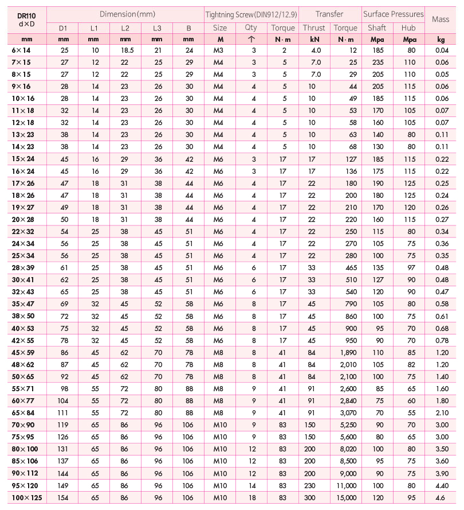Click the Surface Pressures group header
coord(393,14)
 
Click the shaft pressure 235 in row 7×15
coord(377,61)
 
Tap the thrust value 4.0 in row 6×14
coord(316,50)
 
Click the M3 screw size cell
coord(220,50)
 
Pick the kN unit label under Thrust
coord(314,39)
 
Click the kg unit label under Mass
coord(441,39)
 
